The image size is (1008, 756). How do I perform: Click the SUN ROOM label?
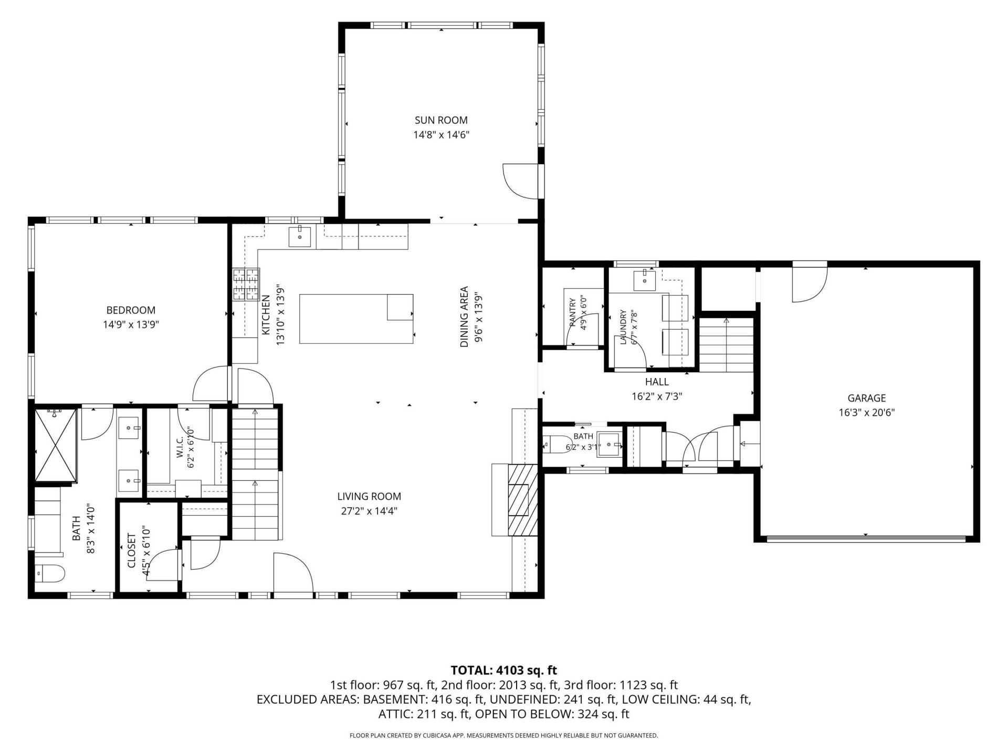coord(441,120)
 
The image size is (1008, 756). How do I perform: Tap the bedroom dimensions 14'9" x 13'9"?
coord(131,324)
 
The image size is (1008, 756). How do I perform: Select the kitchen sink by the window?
coord(300,237)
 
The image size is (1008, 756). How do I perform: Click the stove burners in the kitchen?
coord(246,284)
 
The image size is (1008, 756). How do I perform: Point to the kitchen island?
coord(356,319)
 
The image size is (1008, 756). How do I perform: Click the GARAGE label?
coord(866,398)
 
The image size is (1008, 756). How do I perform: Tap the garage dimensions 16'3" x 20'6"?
coord(866,413)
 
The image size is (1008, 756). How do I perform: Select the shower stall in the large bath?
coord(56,444)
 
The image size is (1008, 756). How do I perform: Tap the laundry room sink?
coord(645,280)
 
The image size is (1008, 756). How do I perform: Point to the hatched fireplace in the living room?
coord(523,500)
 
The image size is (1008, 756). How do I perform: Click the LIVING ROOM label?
coord(369,496)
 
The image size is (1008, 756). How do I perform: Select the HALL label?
coord(657,382)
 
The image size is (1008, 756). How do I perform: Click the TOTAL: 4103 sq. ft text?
coord(504,670)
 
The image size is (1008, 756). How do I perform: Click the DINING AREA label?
coord(464,317)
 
